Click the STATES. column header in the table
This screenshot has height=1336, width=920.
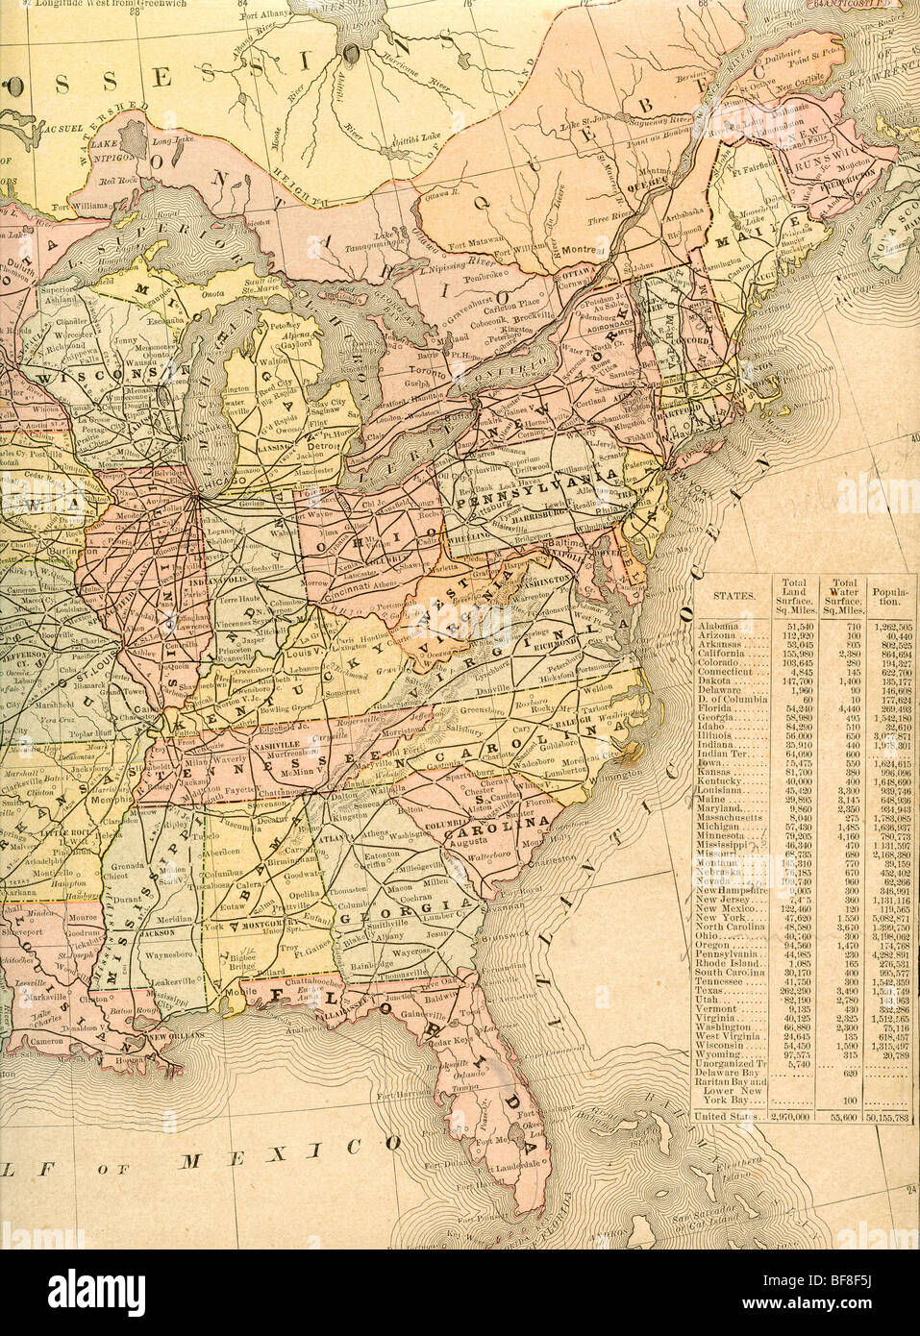pos(728,595)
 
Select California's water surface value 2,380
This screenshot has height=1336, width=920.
pos(844,654)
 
